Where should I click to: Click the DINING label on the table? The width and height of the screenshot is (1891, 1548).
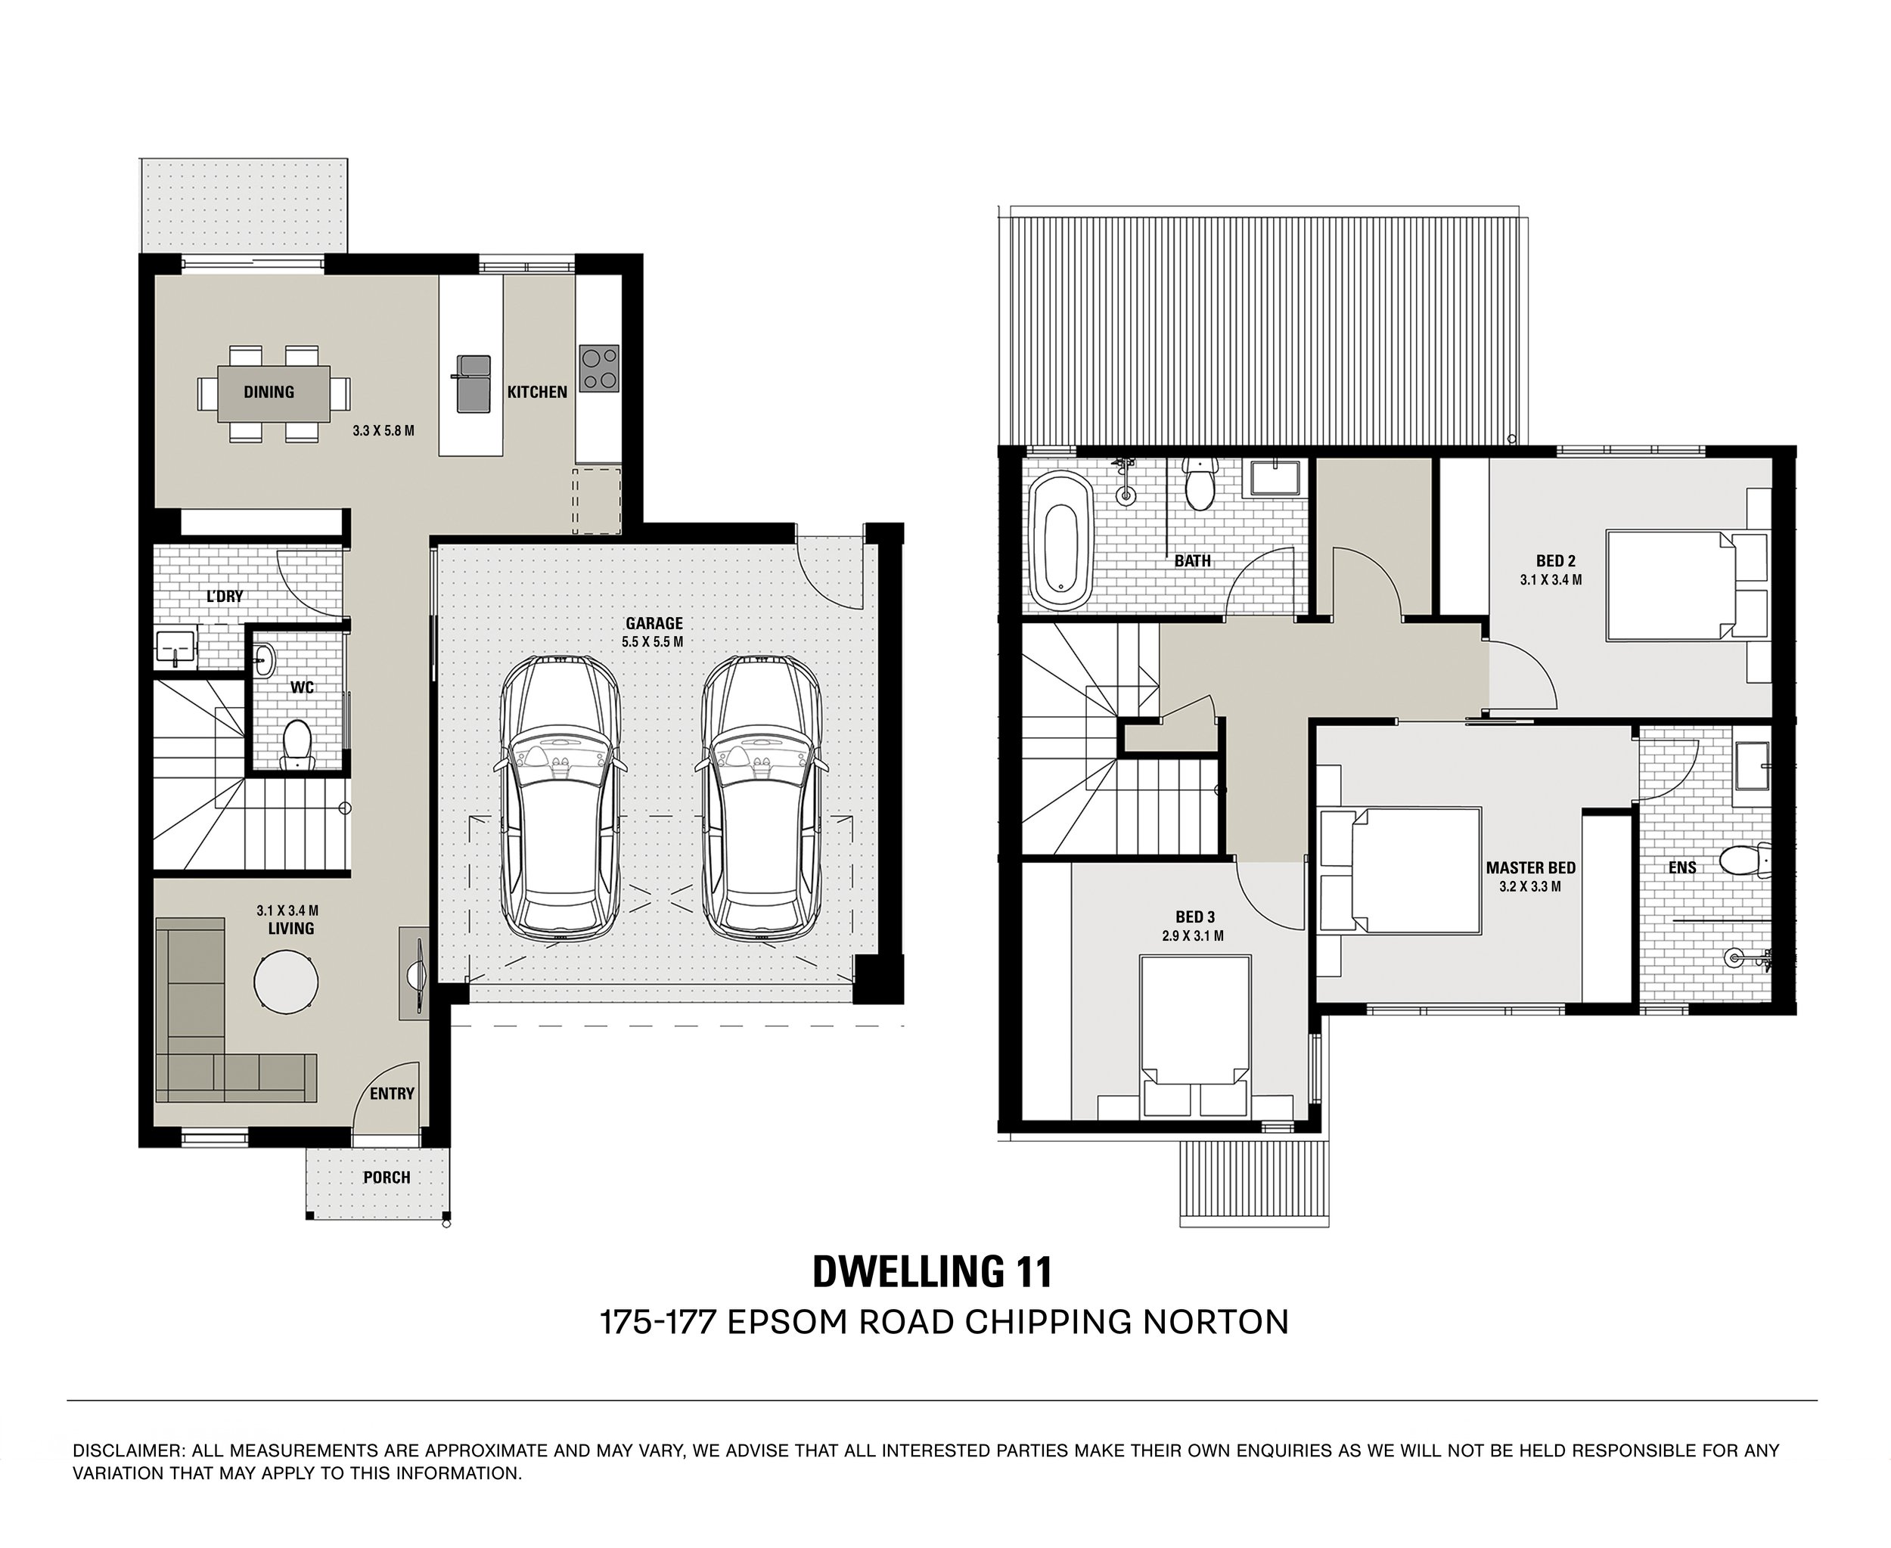pyautogui.click(x=269, y=392)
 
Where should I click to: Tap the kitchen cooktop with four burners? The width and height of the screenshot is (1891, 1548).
pyautogui.click(x=599, y=368)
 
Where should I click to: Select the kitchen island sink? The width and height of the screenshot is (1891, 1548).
pyautogui.click(x=474, y=383)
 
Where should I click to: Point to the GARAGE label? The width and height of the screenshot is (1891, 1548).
pyautogui.click(x=654, y=623)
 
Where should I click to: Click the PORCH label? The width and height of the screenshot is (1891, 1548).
pyautogui.click(x=387, y=1177)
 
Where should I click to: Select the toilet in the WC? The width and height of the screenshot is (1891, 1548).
pyautogui.click(x=297, y=746)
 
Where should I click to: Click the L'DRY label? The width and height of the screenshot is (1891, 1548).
pyautogui.click(x=225, y=596)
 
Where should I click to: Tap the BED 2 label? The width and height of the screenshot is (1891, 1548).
pyautogui.click(x=1556, y=561)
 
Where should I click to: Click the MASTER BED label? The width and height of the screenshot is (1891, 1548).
pyautogui.click(x=1531, y=867)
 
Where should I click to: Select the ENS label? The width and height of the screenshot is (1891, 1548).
pyautogui.click(x=1682, y=867)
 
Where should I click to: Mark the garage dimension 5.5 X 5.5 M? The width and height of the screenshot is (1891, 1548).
pyautogui.click(x=654, y=641)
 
